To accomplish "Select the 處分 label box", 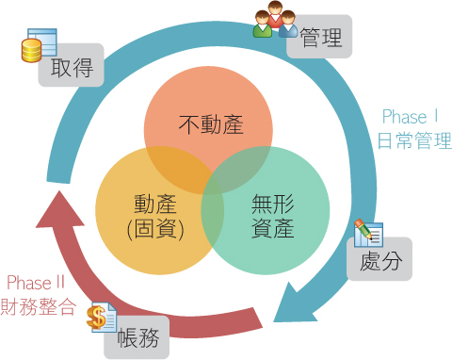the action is tap(381, 261).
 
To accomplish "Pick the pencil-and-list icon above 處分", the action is tap(367, 233).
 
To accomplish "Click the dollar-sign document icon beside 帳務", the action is tap(101, 318).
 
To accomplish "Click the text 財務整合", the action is tap(38, 306).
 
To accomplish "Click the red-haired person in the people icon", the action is tap(275, 15).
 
